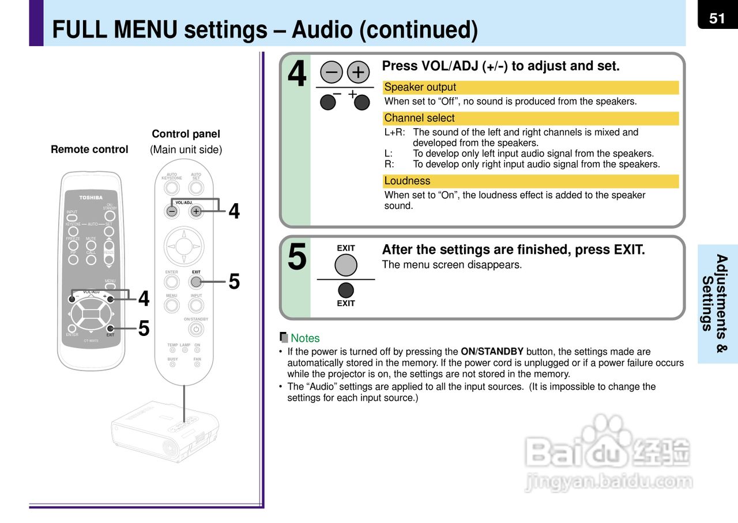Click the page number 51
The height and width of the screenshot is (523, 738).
[x=717, y=18]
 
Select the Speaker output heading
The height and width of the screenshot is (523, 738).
[x=420, y=88]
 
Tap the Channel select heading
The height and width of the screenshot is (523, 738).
[x=419, y=118]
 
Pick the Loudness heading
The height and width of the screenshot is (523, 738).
[x=407, y=181]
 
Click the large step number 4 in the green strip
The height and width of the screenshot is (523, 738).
[x=297, y=75]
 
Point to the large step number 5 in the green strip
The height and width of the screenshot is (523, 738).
[x=297, y=257]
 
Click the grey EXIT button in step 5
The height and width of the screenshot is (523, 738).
[x=346, y=265]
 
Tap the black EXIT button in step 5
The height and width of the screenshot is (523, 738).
[x=346, y=290]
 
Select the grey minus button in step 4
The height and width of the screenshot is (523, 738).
[x=332, y=72]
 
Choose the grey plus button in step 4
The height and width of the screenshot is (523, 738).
[x=359, y=72]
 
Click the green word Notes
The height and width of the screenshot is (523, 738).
[x=305, y=338]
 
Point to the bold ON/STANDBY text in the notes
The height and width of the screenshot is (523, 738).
[x=492, y=352]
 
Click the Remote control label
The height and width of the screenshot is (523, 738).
[x=89, y=150]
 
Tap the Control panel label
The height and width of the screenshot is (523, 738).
[x=186, y=134]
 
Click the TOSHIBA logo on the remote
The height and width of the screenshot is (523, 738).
[x=91, y=197]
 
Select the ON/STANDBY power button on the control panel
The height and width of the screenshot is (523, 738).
[x=196, y=329]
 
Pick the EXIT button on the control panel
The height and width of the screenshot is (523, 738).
[x=196, y=282]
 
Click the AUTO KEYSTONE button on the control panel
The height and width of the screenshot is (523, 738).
[x=171, y=188]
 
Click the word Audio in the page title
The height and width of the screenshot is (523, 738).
[x=321, y=30]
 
